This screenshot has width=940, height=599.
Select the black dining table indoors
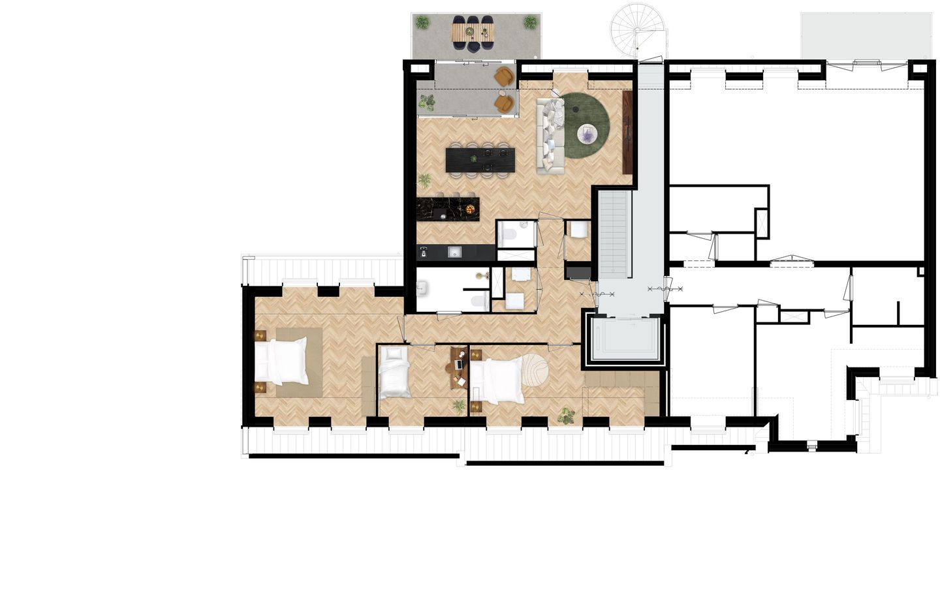click(x=480, y=161)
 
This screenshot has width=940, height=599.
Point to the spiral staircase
click(x=638, y=30)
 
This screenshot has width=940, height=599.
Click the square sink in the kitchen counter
click(x=454, y=253)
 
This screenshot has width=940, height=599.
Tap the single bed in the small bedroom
click(x=394, y=373)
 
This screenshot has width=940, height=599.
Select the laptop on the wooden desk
click(x=458, y=364)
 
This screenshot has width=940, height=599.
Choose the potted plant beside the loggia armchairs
click(x=427, y=102)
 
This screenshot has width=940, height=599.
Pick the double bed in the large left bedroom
click(x=281, y=361)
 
